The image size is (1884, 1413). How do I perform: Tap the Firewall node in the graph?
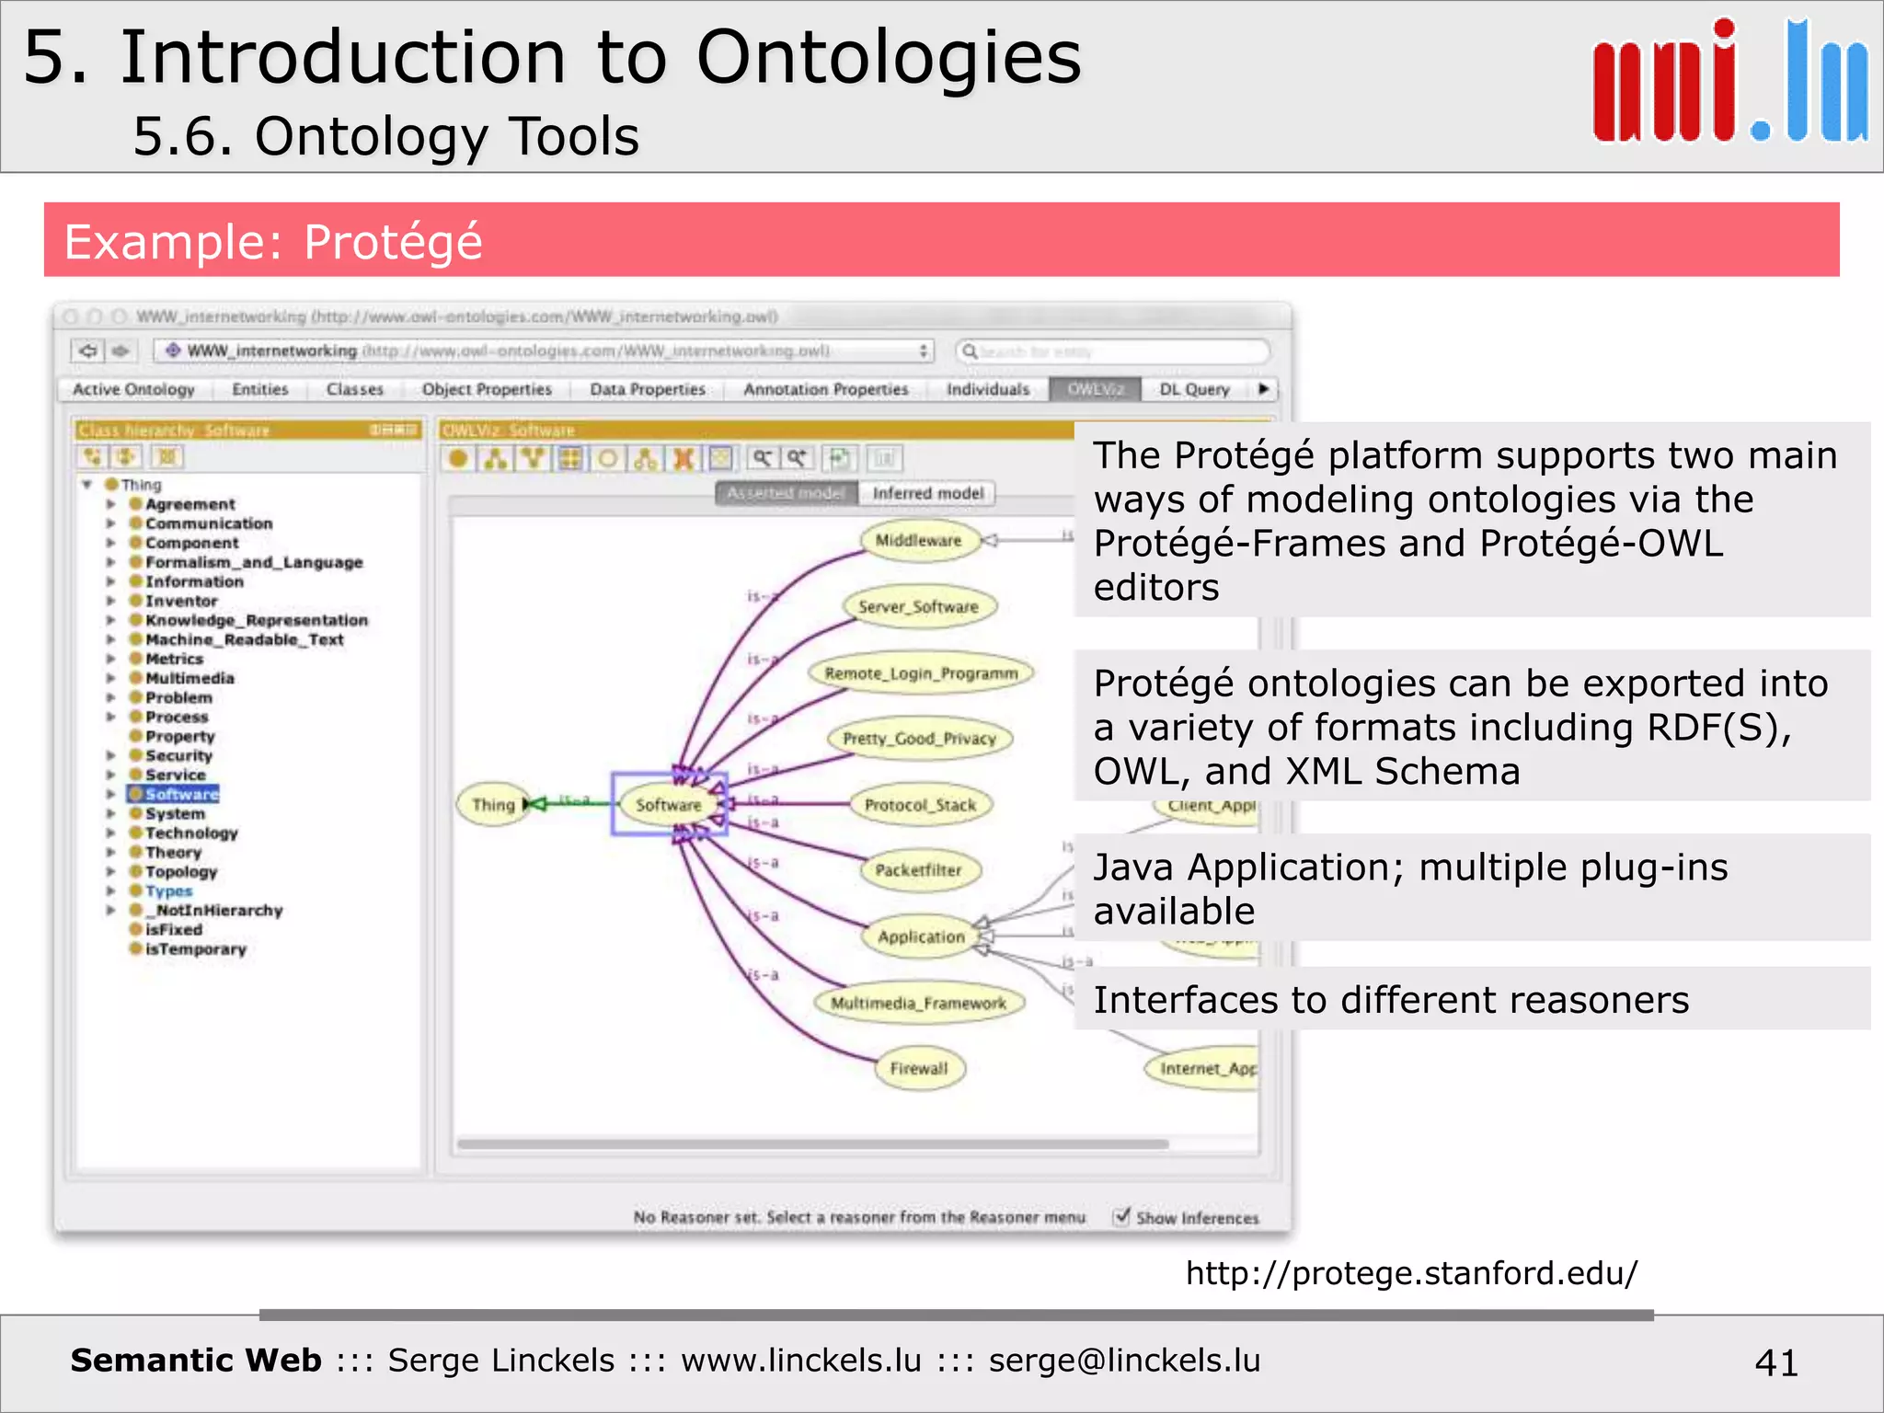(x=919, y=1068)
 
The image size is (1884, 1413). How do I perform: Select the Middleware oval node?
(x=917, y=540)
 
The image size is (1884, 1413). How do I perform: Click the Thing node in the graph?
(x=493, y=805)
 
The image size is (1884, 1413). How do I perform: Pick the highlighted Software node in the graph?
(x=669, y=805)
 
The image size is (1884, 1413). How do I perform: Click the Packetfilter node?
(x=918, y=869)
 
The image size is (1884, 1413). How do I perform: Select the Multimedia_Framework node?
(x=918, y=1003)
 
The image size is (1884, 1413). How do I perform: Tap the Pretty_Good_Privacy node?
(x=919, y=738)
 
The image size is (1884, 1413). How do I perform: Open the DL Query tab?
(x=1194, y=389)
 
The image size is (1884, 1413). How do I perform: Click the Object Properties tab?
(x=487, y=389)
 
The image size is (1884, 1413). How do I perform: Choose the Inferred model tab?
(x=927, y=493)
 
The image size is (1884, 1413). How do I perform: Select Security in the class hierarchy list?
(x=178, y=755)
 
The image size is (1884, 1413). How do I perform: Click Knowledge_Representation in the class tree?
(x=256, y=620)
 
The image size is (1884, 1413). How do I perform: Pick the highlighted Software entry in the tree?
(x=181, y=794)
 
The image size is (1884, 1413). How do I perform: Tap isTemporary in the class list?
(x=195, y=949)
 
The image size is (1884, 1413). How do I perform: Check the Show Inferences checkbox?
(x=1121, y=1216)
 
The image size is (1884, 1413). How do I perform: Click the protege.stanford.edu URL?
(x=1411, y=1273)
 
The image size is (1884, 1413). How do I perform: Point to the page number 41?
(x=1775, y=1362)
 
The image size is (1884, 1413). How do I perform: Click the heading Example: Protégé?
(x=273, y=242)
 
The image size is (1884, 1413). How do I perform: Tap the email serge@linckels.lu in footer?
(x=1124, y=1361)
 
